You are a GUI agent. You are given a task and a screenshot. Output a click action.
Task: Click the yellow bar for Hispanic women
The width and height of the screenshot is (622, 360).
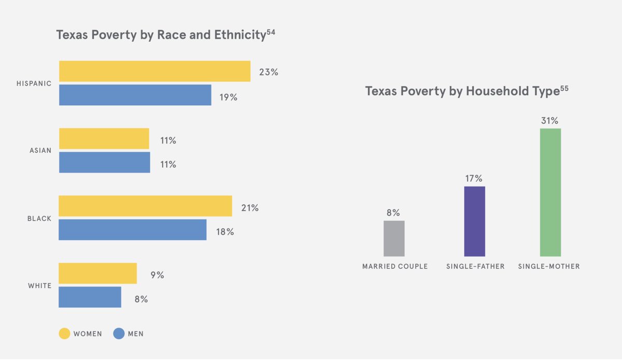tap(154, 71)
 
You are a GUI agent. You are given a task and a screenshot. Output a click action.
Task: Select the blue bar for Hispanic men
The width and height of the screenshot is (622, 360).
tap(135, 95)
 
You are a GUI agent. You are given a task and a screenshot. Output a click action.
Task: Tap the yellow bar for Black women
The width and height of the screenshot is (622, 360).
tap(145, 206)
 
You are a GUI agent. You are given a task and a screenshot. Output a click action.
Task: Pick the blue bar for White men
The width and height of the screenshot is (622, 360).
tap(90, 297)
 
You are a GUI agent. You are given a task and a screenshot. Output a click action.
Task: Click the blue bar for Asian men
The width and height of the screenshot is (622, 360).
tap(104, 162)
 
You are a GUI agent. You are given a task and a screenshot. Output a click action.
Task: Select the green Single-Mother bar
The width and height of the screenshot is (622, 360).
tap(550, 192)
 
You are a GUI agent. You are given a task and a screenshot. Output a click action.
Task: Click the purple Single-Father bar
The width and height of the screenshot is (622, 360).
tap(474, 221)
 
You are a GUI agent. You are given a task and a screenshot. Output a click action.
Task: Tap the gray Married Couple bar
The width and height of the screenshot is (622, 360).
tap(394, 238)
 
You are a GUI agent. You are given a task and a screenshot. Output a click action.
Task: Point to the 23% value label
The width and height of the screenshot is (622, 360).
tap(268, 73)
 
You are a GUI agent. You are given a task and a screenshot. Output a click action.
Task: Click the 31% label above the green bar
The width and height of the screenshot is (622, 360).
tap(549, 121)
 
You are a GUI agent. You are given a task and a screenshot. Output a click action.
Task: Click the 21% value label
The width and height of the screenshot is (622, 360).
tap(249, 208)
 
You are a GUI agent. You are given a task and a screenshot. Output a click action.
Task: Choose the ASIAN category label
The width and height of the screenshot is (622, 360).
tap(40, 151)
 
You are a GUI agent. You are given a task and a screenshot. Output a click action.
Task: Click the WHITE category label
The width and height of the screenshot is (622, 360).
tap(39, 286)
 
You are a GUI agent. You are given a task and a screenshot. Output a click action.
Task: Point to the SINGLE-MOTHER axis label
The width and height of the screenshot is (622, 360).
tap(549, 267)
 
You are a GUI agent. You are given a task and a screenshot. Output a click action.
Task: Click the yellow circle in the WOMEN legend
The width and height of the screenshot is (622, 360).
tap(64, 334)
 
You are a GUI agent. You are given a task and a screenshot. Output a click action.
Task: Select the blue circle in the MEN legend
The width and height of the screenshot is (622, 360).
tap(119, 334)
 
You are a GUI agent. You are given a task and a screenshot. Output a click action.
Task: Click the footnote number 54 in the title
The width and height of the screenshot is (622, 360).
tap(270, 33)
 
